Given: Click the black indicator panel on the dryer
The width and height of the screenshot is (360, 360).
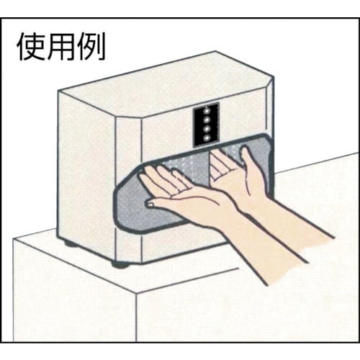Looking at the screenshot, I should click(x=206, y=123).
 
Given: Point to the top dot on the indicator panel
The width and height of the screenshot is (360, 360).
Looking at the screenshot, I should click(x=206, y=110).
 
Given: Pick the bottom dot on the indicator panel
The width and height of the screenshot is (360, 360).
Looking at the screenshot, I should click(x=206, y=138).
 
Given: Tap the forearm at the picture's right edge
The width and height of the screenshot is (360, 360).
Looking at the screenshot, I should click(x=320, y=238).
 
